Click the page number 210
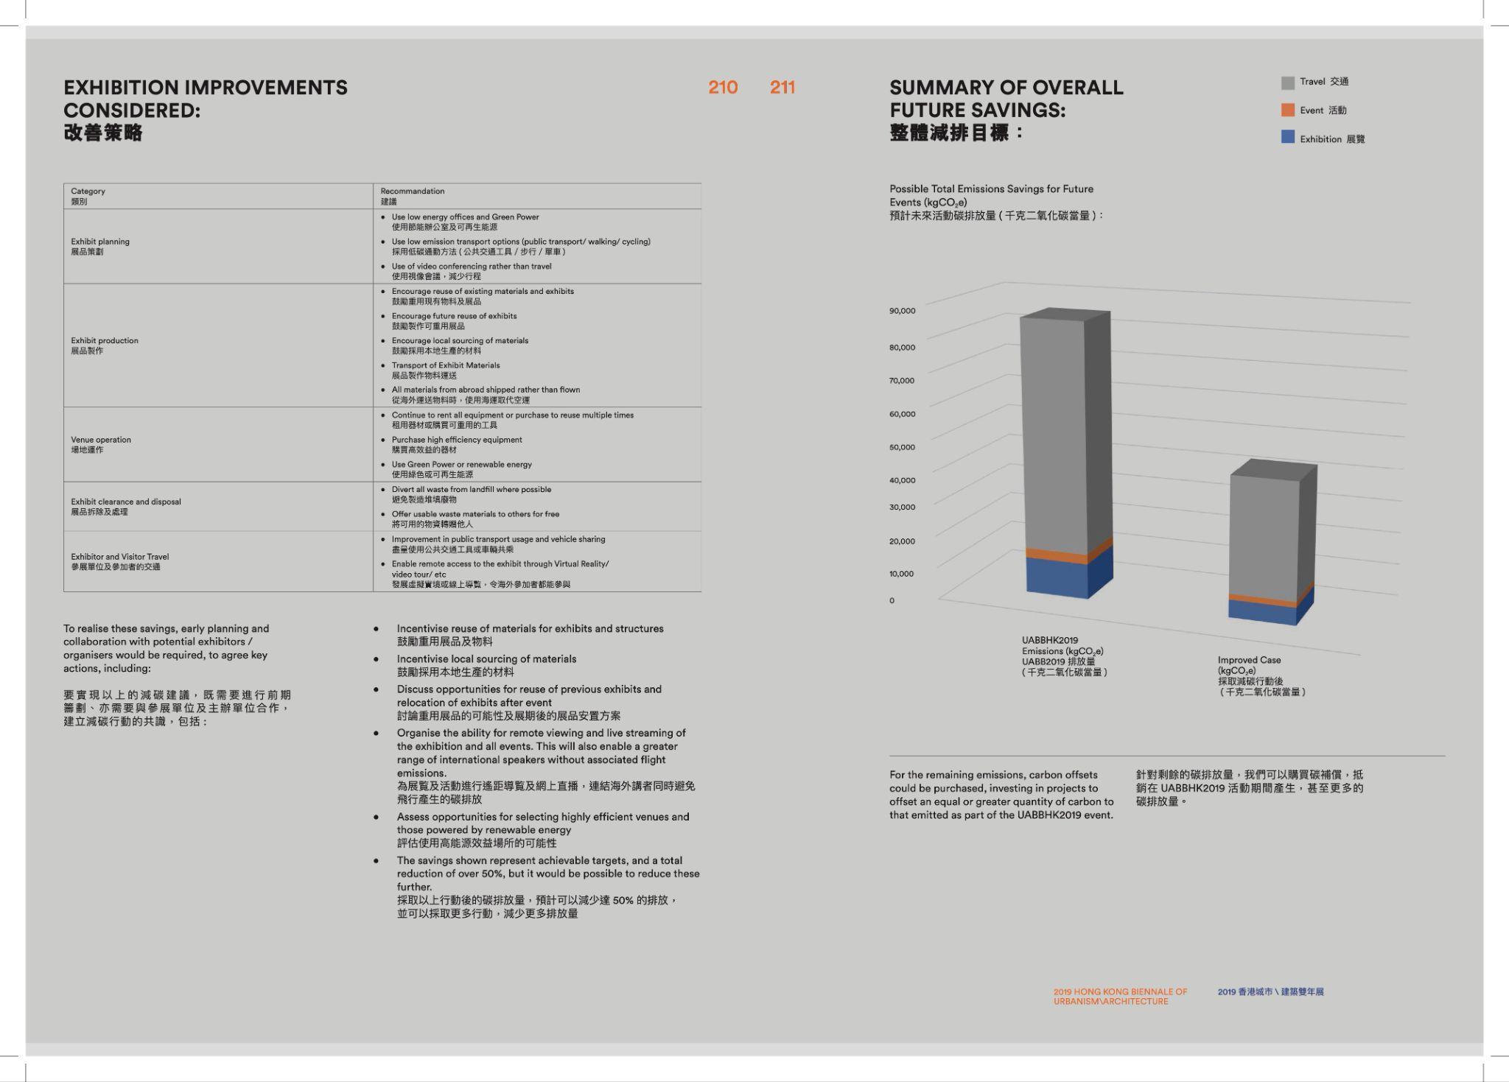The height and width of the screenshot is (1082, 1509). tap(723, 88)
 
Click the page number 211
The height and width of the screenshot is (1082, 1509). tap(782, 88)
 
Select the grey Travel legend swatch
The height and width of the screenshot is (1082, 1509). tap(1287, 82)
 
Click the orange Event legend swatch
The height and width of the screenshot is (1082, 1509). tap(1287, 110)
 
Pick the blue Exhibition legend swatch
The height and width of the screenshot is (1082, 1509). tap(1287, 138)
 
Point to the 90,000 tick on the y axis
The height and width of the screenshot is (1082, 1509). tap(902, 311)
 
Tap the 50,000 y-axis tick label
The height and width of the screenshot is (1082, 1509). tap(902, 447)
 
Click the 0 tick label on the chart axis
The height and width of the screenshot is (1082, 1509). tap(892, 600)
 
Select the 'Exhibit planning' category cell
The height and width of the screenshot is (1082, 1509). tap(100, 246)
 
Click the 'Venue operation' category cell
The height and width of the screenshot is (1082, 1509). tap(101, 444)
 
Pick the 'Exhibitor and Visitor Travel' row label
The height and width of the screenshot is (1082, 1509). tap(120, 561)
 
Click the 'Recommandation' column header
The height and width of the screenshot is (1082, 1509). tap(412, 192)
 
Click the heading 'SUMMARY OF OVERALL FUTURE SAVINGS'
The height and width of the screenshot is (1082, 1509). tap(1006, 99)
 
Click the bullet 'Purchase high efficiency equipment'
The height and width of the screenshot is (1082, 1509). tap(457, 440)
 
